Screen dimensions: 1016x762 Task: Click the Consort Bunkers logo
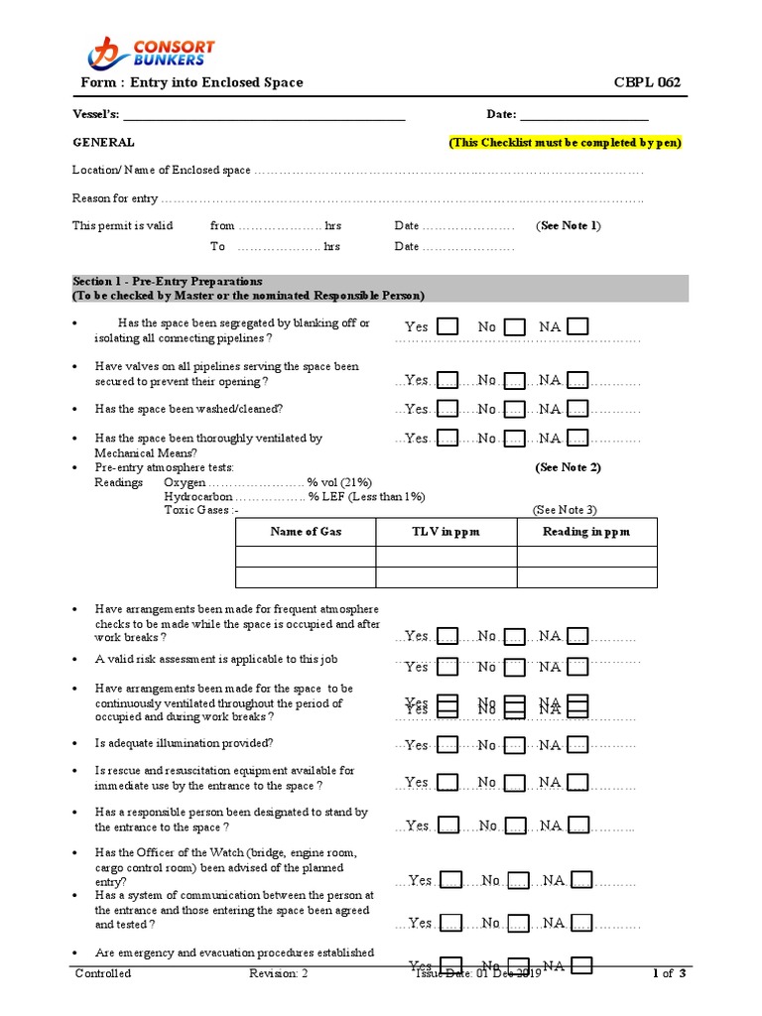pos(151,52)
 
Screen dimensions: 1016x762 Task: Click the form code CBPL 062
pos(647,82)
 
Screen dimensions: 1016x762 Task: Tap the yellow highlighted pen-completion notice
pos(566,143)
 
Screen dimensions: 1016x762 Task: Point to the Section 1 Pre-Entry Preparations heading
pos(168,282)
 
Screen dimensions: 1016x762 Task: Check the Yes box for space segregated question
pos(448,326)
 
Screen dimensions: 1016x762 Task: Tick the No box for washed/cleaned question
pos(514,409)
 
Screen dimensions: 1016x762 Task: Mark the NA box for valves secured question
pos(577,380)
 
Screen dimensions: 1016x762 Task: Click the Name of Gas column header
pos(306,532)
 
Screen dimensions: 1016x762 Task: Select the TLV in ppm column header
pos(445,532)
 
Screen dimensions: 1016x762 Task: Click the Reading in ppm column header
pos(586,532)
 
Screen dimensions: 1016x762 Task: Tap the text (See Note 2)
pos(568,467)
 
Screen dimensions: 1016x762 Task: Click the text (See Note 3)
pos(565,510)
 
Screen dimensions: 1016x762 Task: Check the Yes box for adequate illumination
pos(448,745)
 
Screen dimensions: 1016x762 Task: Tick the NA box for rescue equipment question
pos(577,783)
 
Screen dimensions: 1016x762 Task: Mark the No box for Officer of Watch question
pos(518,881)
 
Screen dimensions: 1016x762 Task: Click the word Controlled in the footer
pos(103,973)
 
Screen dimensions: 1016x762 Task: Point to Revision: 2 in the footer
pos(279,973)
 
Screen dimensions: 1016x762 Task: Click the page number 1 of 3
pos(670,973)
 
